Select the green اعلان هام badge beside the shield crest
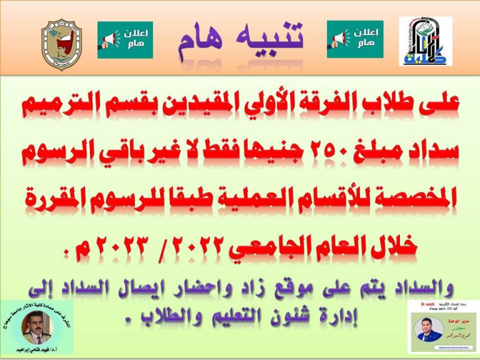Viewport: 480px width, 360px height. tap(125, 40)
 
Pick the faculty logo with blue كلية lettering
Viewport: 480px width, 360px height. tap(426, 42)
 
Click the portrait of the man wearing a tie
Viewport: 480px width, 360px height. tap(37, 324)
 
